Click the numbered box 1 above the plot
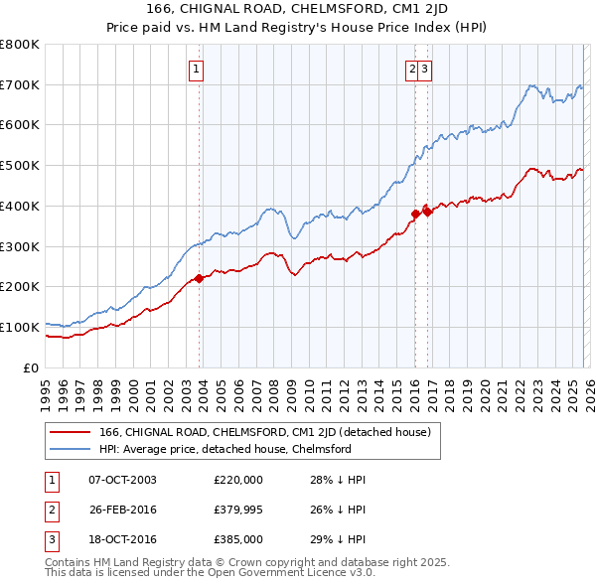(197, 70)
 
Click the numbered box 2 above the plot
(411, 70)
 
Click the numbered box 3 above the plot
(424, 70)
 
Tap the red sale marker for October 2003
(199, 278)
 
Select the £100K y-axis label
(20, 327)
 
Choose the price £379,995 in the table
(238, 510)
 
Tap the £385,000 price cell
(238, 539)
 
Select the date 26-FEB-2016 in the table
(122, 510)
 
